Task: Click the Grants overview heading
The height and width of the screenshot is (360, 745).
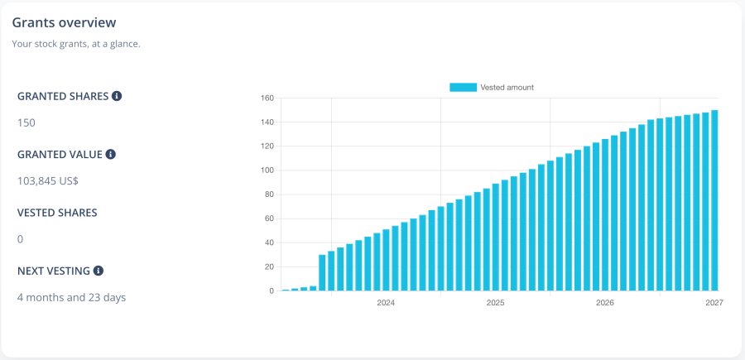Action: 64,22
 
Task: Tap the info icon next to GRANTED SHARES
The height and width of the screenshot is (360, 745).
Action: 117,96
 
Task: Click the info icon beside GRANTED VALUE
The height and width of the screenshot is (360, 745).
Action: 111,154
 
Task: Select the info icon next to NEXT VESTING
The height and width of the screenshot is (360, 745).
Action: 99,271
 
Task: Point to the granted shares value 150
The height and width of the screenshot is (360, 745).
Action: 26,123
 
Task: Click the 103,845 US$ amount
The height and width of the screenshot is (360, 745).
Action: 48,181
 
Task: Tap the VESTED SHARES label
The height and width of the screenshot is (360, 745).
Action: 57,213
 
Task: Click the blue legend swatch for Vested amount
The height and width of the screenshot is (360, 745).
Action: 463,87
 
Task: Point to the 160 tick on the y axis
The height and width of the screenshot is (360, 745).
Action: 267,98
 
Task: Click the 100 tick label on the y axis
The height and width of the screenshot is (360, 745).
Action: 267,170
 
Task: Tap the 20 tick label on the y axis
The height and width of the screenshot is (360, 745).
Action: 268,266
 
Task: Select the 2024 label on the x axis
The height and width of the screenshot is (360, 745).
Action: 386,303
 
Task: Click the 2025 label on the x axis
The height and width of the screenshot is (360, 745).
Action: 495,303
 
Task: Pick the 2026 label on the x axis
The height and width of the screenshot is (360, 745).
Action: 605,303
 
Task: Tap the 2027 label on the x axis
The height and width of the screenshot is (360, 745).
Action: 714,303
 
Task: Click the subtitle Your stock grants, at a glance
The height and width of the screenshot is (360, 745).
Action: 76,44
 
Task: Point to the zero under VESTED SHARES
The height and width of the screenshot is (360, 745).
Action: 21,239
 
